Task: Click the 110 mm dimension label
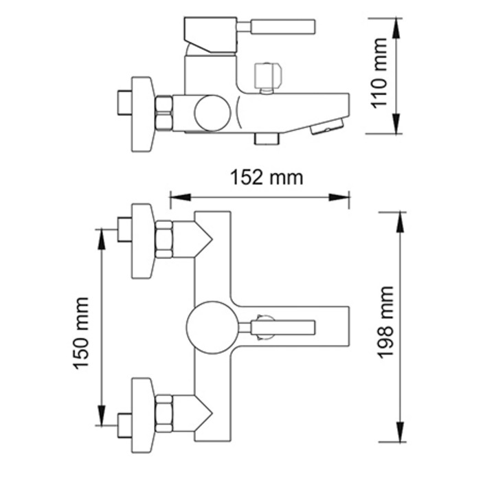(x=379, y=74)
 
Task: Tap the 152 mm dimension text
(x=267, y=177)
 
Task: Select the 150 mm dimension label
(x=80, y=333)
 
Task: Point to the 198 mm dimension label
(x=385, y=322)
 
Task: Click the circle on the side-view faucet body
(x=212, y=112)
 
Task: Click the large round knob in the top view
(x=212, y=327)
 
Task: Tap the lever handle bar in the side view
(x=283, y=26)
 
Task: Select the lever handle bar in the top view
(x=283, y=327)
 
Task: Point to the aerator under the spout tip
(x=327, y=126)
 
